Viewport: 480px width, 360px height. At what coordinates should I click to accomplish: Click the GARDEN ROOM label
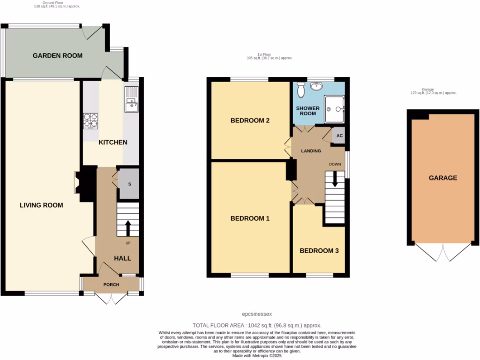57,56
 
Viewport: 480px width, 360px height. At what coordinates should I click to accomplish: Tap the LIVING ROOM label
41,205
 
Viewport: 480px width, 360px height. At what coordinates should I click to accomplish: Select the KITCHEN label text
112,142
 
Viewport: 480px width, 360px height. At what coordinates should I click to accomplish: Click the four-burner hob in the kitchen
90,120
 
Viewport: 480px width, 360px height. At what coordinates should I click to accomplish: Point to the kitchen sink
131,100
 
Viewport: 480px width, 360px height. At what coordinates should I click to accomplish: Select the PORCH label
111,285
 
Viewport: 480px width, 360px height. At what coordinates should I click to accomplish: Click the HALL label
123,258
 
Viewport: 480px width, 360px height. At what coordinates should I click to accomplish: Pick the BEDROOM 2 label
250,120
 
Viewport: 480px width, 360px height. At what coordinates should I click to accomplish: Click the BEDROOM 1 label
250,218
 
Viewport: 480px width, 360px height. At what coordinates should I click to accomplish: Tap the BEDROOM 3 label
319,251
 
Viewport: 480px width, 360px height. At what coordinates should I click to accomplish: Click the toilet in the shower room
302,87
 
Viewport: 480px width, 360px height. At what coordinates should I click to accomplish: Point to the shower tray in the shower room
334,109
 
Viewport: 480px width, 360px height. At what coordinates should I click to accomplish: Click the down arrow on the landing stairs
334,180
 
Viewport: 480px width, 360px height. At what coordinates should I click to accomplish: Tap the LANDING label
311,151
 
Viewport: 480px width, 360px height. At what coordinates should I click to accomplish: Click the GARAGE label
442,178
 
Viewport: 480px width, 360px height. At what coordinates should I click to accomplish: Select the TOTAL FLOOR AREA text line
257,325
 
